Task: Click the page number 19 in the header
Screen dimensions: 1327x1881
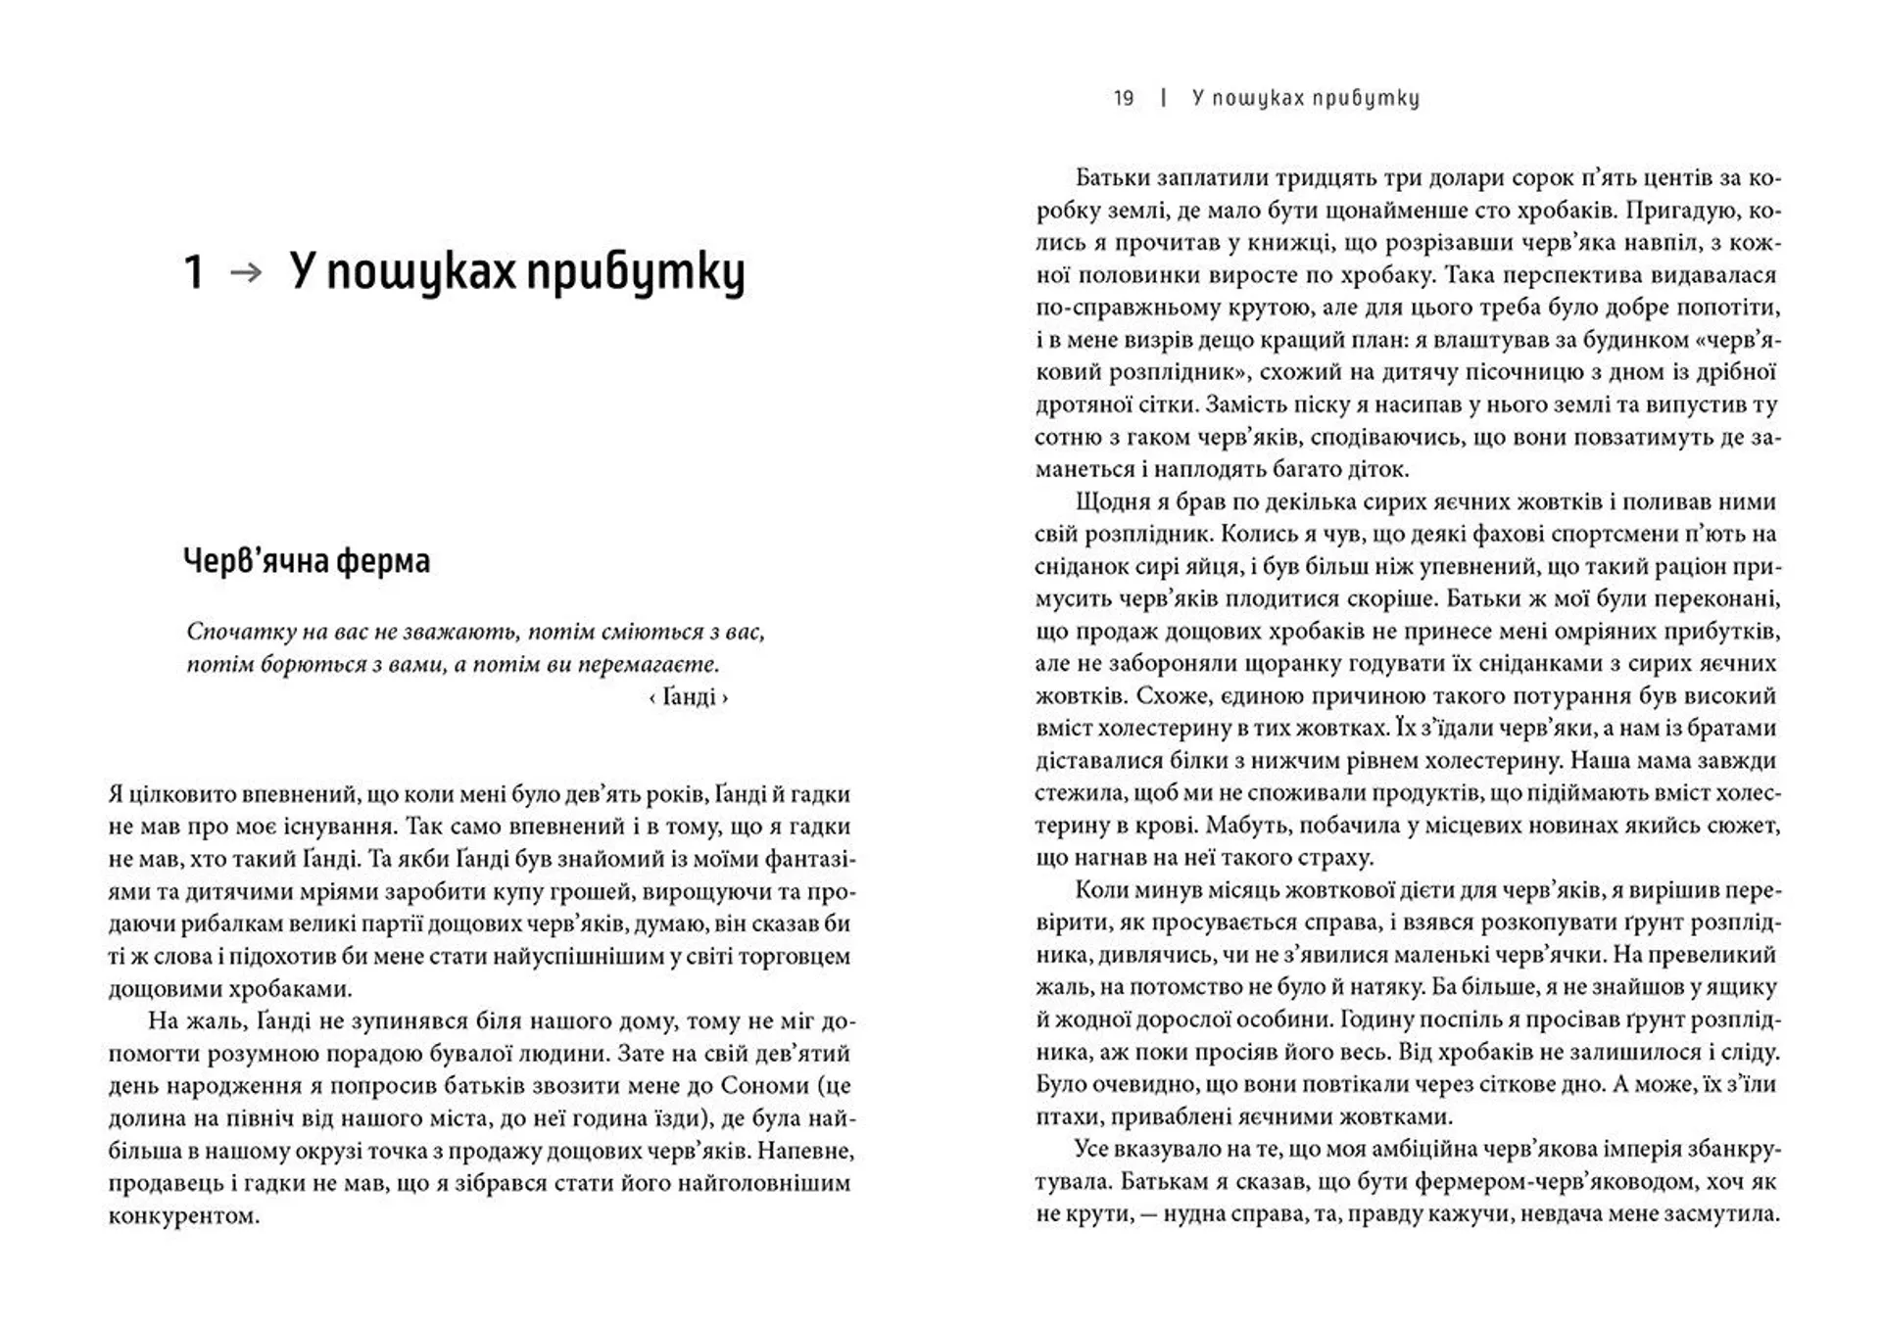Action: (x=1124, y=98)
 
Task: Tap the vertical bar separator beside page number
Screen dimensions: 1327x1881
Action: (x=1163, y=98)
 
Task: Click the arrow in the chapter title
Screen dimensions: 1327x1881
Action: (x=246, y=272)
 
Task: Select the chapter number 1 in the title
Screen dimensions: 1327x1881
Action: (x=194, y=272)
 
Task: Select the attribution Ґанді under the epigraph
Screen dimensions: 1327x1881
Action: (x=689, y=697)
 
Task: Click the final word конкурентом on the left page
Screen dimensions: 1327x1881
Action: (x=183, y=1216)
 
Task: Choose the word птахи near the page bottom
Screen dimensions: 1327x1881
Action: (x=1064, y=1116)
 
